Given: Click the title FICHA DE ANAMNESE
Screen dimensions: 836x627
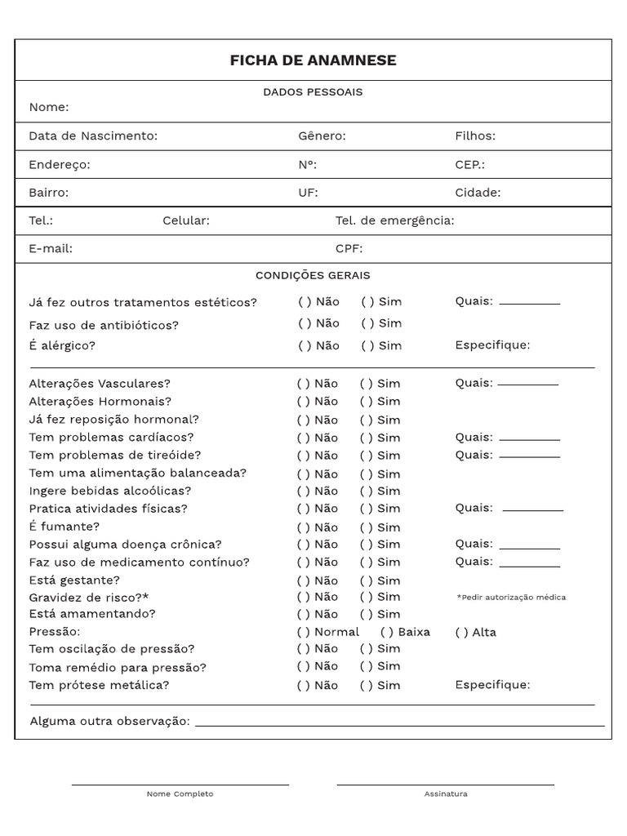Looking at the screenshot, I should click(x=313, y=61).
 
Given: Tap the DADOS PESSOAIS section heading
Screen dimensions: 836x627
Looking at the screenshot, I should click(x=313, y=92).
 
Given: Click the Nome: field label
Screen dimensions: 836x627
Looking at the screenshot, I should click(x=49, y=108).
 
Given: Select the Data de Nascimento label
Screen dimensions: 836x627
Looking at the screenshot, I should click(x=93, y=136).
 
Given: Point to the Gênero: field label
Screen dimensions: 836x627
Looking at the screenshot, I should click(x=322, y=136).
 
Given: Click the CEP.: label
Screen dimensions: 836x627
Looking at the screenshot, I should click(x=469, y=165).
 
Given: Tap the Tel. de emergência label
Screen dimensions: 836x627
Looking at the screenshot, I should click(x=394, y=220).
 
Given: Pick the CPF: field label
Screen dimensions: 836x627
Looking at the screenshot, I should click(x=349, y=249).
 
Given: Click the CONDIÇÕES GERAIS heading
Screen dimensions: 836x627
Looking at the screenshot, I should click(x=313, y=276).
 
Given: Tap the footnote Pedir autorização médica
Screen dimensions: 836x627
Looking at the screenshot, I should click(x=511, y=598).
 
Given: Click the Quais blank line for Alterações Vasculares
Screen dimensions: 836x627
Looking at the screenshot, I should click(x=528, y=385).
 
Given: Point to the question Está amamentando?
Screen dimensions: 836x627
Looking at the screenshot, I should click(x=92, y=614).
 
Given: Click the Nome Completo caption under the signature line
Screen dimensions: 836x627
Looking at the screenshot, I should click(x=180, y=794).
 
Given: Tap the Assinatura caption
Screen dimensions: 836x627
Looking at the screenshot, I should click(x=446, y=794).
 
